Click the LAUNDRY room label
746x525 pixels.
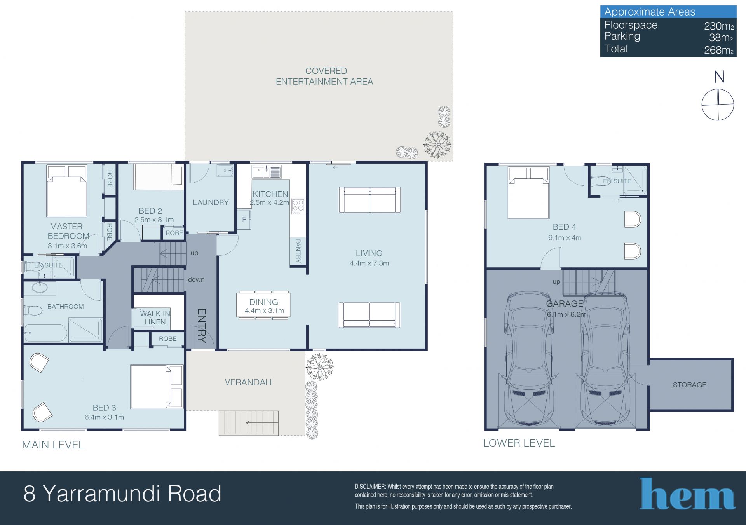tap(211, 202)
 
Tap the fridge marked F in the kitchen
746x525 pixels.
tap(244, 219)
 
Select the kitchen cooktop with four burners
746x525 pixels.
tap(298, 206)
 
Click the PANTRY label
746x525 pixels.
tap(298, 251)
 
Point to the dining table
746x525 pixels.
tap(263, 305)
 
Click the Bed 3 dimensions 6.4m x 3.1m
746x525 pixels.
tap(104, 417)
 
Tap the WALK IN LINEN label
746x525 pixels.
tap(155, 318)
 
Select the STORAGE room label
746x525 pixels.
tap(690, 385)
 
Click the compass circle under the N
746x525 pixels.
tap(718, 105)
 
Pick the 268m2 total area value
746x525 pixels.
tap(719, 50)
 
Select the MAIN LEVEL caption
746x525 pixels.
tap(53, 445)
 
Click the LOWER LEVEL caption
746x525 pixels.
tap(519, 443)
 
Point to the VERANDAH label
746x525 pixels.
tap(248, 382)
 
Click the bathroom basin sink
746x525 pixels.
tap(40, 288)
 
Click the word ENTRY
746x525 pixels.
tap(202, 325)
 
